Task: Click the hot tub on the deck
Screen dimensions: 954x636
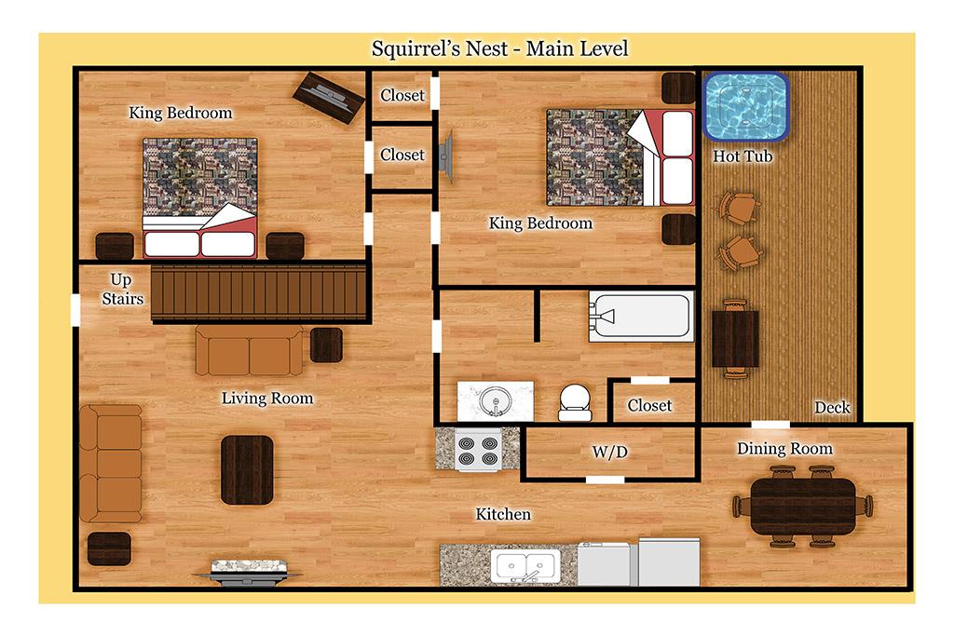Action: click(746, 107)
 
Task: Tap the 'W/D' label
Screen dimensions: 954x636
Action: click(609, 452)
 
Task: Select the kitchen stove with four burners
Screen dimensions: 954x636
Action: click(478, 450)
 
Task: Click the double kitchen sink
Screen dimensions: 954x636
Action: click(525, 566)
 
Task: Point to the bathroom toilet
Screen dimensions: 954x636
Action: click(575, 402)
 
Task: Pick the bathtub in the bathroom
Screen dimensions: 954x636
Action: click(641, 317)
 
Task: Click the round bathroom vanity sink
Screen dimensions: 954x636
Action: click(494, 401)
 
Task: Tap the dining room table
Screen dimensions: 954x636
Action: click(802, 507)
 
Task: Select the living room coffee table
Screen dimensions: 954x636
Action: click(246, 470)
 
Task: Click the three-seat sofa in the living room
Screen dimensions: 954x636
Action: click(111, 464)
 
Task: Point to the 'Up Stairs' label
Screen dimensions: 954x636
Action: click(122, 289)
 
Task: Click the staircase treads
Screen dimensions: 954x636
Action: click(258, 292)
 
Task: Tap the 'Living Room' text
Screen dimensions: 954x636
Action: click(267, 399)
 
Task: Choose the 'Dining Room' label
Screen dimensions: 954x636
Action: click(784, 449)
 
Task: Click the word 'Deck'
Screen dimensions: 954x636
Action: click(832, 407)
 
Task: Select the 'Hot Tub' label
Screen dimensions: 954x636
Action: click(743, 156)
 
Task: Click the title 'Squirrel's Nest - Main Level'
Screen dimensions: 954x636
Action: click(499, 48)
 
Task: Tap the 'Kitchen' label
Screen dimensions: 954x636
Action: click(503, 514)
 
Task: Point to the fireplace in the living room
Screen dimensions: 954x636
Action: click(248, 572)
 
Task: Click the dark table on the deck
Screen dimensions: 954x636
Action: click(735, 339)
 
